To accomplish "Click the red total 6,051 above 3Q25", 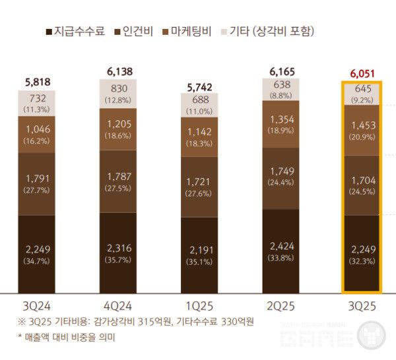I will pyautogui.click(x=360, y=73).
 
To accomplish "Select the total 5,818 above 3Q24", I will pyautogui.click(x=37, y=82).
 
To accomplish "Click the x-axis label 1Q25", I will pyautogui.click(x=199, y=307).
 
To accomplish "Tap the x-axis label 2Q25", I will pyautogui.click(x=280, y=307).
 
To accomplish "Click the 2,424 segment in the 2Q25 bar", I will pyautogui.click(x=280, y=251).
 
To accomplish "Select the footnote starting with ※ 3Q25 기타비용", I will pyautogui.click(x=135, y=322).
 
